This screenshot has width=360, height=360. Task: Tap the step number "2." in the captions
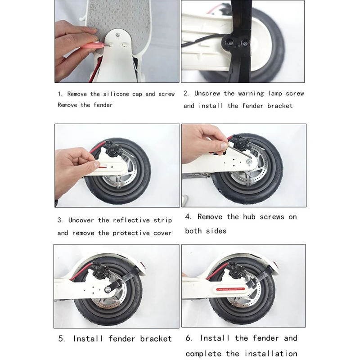[x=186, y=93]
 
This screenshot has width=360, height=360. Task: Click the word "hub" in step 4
[x=249, y=216]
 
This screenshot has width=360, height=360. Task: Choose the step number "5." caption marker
[x=62, y=338]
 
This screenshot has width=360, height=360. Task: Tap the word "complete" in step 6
[x=203, y=354]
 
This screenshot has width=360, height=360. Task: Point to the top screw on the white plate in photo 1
[x=118, y=35]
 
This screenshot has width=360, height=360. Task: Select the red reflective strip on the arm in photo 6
[x=230, y=289]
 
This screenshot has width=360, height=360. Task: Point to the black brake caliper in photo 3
[x=112, y=150]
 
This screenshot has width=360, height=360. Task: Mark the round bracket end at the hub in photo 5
[x=108, y=290]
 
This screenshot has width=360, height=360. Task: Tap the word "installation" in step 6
[x=271, y=353]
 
